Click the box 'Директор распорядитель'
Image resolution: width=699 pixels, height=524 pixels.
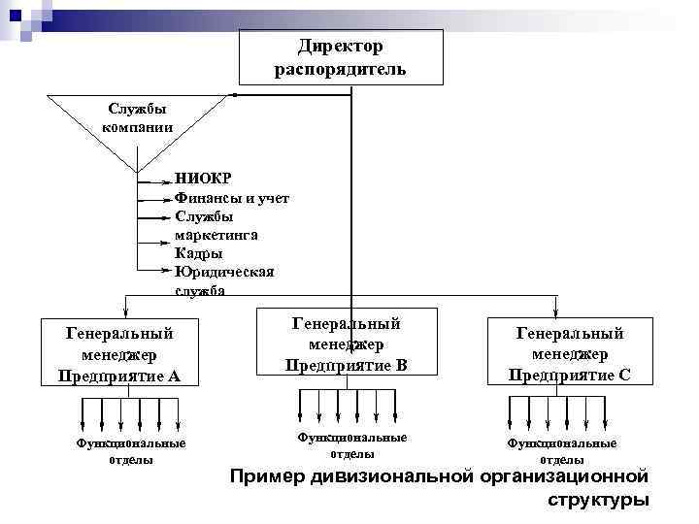[340, 56]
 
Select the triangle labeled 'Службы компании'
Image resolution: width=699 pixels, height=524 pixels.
[140, 121]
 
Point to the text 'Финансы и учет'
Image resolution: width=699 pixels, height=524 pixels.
[231, 197]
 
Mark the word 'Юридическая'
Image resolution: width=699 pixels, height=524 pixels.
[224, 272]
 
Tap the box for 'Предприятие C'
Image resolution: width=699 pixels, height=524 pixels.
[570, 353]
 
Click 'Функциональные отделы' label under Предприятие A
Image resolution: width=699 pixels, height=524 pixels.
[131, 451]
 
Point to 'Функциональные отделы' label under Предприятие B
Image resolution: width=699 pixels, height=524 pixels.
[351, 445]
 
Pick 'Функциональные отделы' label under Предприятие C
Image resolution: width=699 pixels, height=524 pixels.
[561, 451]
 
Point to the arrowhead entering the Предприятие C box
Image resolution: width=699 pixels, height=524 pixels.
[555, 311]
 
